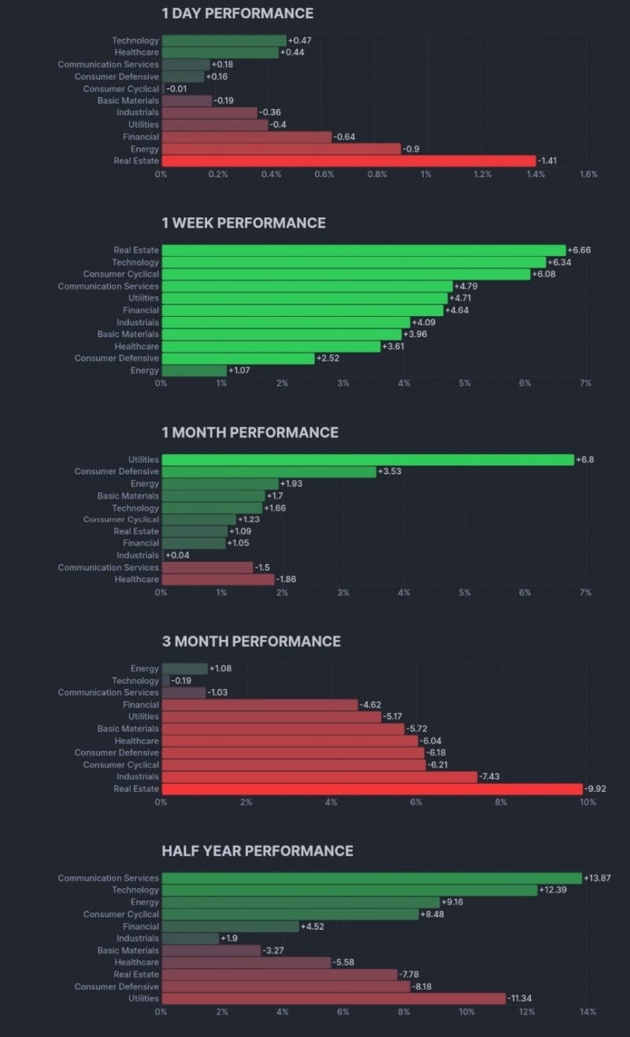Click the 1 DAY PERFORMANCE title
tap(237, 13)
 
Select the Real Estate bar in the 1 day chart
tap(348, 161)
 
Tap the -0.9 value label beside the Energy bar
tap(411, 149)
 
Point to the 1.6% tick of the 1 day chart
tap(588, 174)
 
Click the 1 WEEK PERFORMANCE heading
tap(243, 223)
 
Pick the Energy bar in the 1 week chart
tap(194, 370)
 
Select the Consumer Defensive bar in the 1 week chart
tap(238, 359)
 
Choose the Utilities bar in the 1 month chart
tap(368, 459)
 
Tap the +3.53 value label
tap(390, 471)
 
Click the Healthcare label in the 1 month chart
tap(136, 579)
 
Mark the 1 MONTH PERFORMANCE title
tap(250, 433)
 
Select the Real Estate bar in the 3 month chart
tap(372, 789)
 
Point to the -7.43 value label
tap(492, 777)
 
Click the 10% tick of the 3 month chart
tap(587, 802)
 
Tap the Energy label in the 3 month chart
tap(144, 669)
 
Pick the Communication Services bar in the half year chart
tap(372, 878)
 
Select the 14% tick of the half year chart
tap(587, 1012)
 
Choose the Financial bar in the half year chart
tap(230, 927)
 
